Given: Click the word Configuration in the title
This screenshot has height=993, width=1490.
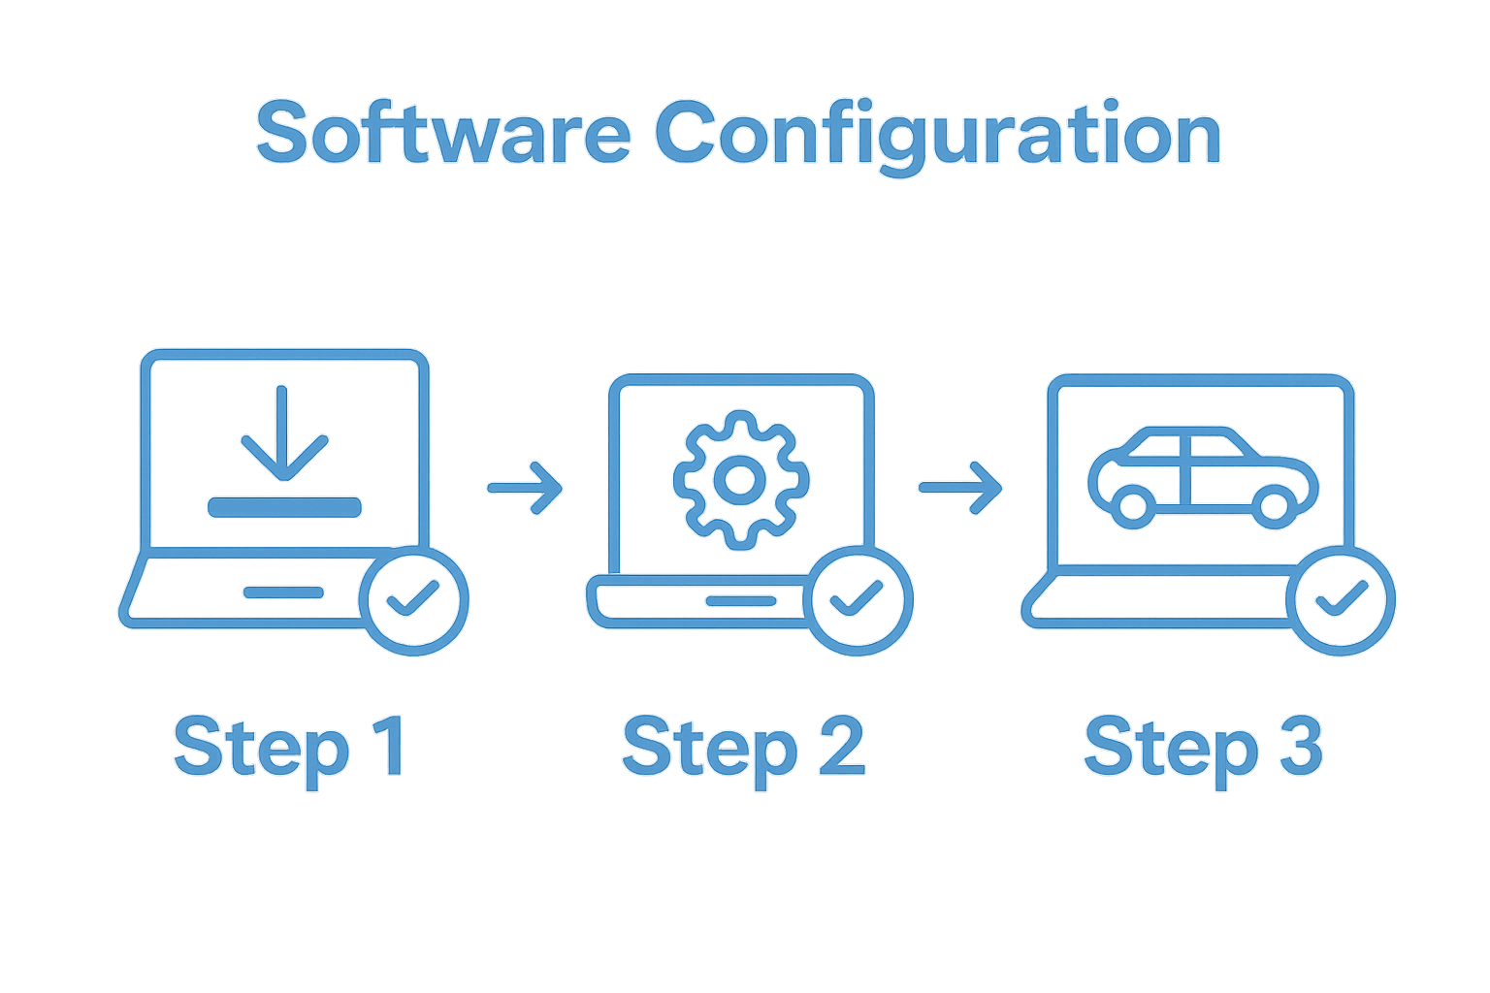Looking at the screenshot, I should (937, 136).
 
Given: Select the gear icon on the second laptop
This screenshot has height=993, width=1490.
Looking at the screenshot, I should (740, 479).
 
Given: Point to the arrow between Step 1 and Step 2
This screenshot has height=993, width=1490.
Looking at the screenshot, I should (525, 487).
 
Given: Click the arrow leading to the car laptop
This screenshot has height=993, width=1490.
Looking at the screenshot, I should (960, 487).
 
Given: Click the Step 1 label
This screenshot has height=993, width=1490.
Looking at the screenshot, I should (288, 748).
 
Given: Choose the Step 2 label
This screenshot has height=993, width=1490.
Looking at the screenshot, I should (742, 748).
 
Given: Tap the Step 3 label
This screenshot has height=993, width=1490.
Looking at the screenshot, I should (1203, 748).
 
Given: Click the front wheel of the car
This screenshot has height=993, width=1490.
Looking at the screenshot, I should (1273, 505).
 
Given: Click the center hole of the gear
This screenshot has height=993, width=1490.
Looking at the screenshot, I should (740, 479).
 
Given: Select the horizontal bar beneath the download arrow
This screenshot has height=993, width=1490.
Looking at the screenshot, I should (284, 506).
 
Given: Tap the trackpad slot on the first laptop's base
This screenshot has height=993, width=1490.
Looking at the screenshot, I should (283, 593).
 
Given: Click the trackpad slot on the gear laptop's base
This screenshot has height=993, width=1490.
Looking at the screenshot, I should (740, 601).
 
